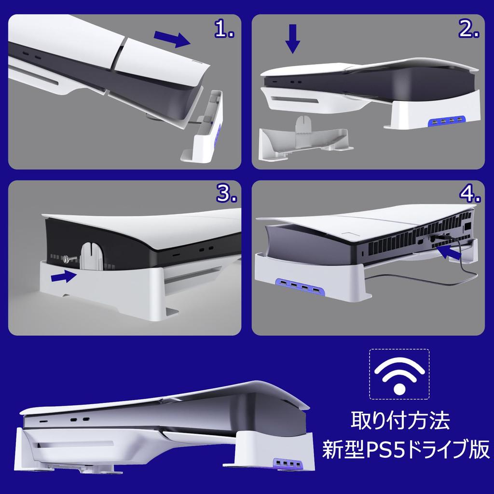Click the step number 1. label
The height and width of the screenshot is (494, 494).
[224, 29]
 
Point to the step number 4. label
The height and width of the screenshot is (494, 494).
[469, 194]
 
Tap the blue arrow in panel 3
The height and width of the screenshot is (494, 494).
[64, 277]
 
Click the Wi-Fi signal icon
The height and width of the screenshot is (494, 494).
[399, 374]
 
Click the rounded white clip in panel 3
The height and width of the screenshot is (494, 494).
[92, 256]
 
